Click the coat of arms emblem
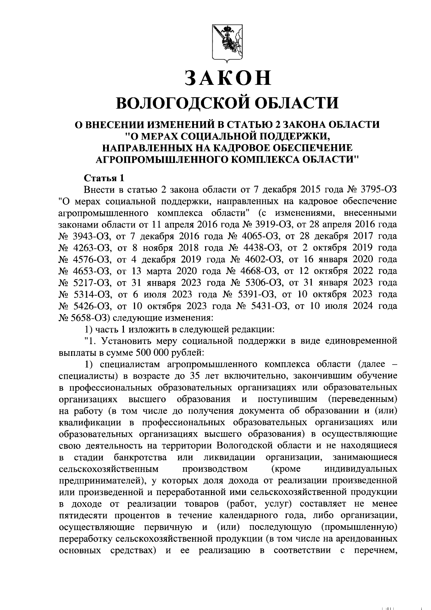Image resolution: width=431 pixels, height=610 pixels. point(227,42)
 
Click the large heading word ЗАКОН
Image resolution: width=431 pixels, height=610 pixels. point(227,78)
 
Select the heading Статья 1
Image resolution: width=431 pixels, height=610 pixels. point(104,178)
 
